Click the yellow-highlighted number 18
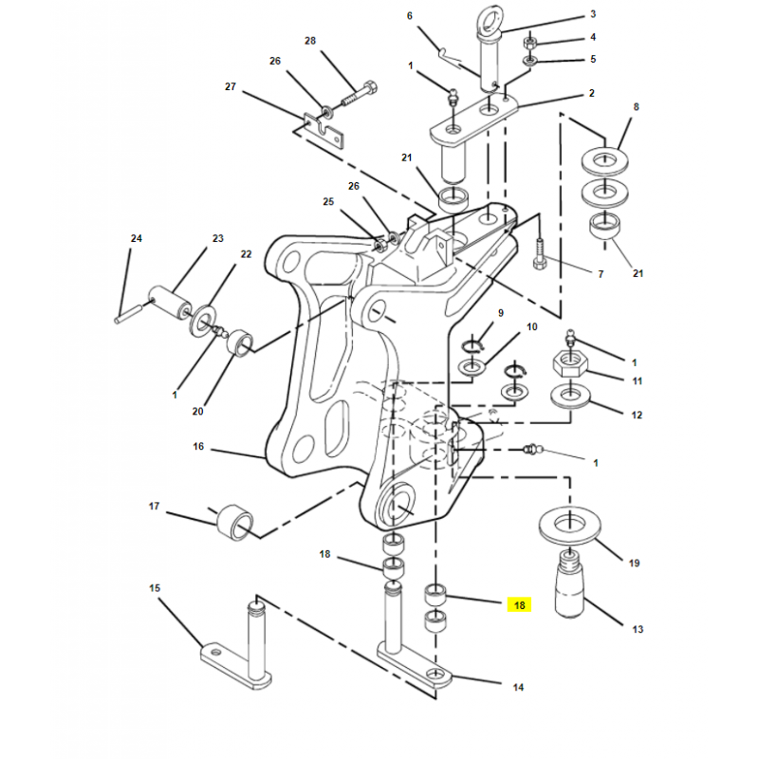[519, 605]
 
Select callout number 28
[310, 41]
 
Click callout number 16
[198, 446]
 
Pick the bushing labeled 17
[234, 523]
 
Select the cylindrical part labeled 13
[571, 584]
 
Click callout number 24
[137, 238]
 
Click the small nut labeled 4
[529, 42]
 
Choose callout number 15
[155, 588]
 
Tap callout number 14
[518, 687]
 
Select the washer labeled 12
[571, 397]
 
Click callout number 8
[636, 106]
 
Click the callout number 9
[501, 313]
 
